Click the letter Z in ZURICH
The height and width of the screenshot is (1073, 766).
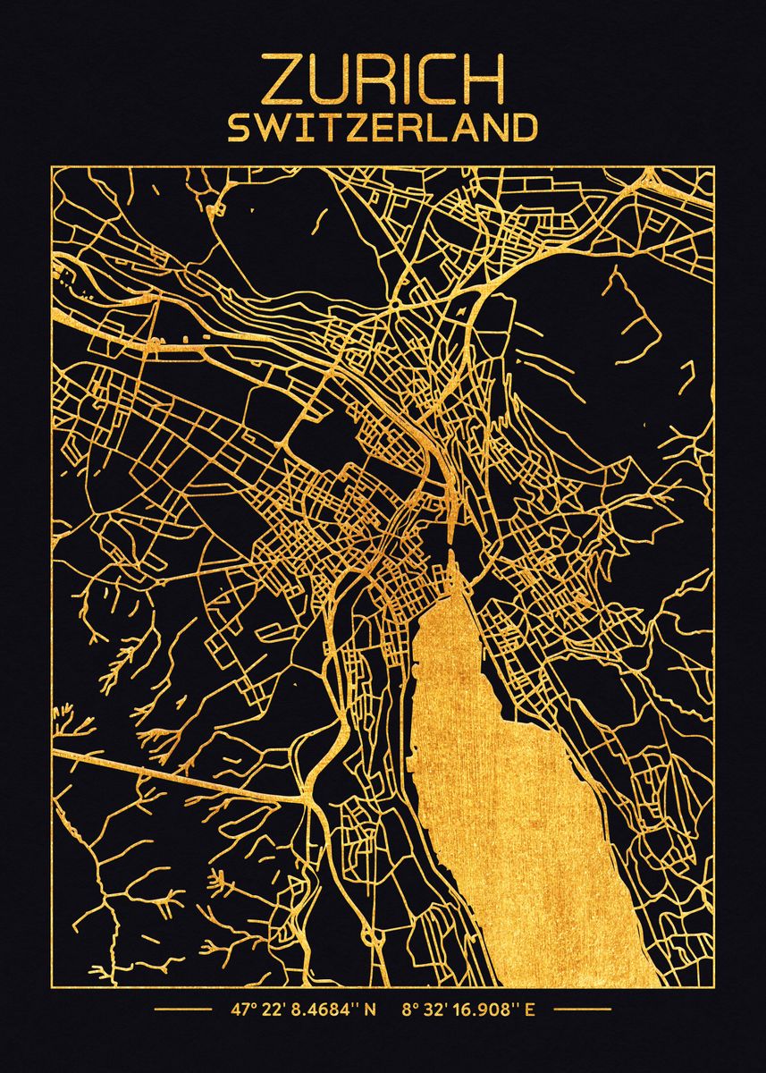pyautogui.click(x=280, y=80)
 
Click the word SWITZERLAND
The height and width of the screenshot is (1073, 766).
pyautogui.click(x=383, y=128)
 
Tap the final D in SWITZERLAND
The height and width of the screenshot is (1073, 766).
pyautogui.click(x=523, y=128)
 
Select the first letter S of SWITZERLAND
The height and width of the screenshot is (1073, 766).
pyautogui.click(x=239, y=128)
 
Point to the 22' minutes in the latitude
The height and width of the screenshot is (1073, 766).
pyautogui.click(x=273, y=1012)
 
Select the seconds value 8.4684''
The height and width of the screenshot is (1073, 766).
pyautogui.click(x=324, y=1012)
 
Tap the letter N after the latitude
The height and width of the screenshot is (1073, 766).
pyautogui.click(x=370, y=1012)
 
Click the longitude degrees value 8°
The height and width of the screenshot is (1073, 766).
pyautogui.click(x=410, y=1012)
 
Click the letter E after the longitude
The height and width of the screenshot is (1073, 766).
pyautogui.click(x=530, y=1012)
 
